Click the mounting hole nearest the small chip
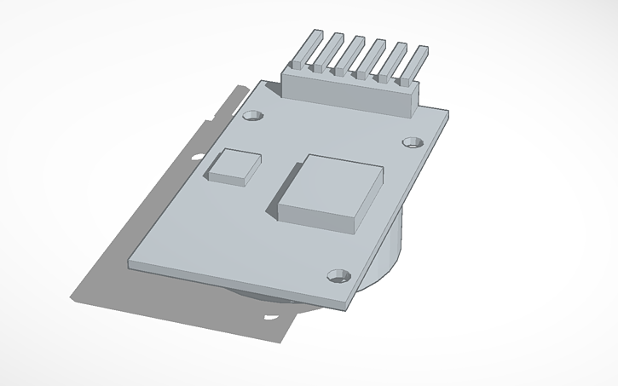pos(251,115)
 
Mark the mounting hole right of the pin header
pos(413,141)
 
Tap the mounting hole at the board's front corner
pos(338,275)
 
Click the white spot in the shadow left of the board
pos(198,158)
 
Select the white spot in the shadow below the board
pos(271,317)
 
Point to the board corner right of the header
pos(448,112)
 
